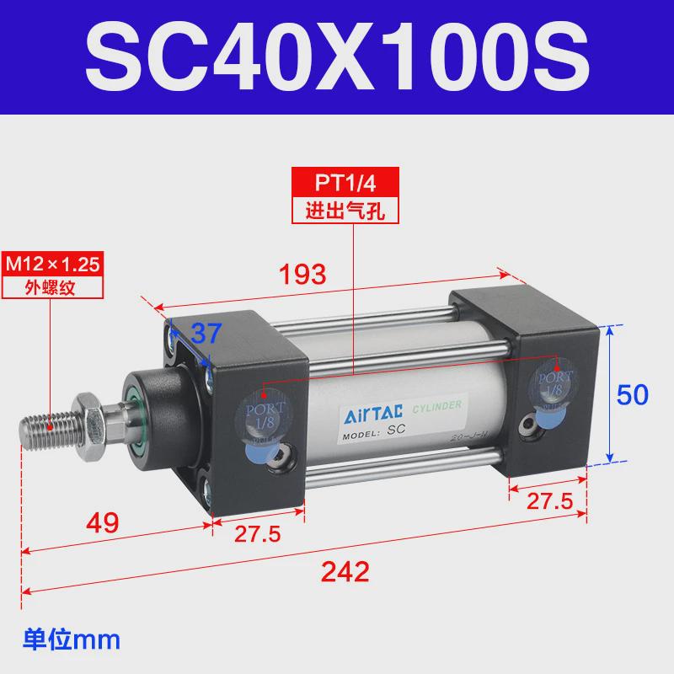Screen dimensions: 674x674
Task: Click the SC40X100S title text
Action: click(x=337, y=57)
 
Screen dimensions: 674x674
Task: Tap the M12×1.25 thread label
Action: click(x=53, y=263)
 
